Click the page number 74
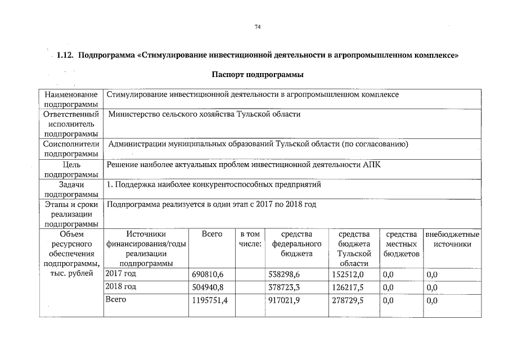[x=258, y=26]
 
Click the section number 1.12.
[x=66, y=56]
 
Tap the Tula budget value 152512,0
[x=348, y=274]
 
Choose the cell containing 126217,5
[x=348, y=287]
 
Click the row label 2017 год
[x=121, y=274]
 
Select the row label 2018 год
[x=121, y=287]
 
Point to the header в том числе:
[x=250, y=239]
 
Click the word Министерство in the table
[x=132, y=114]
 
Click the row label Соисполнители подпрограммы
[x=71, y=148]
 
